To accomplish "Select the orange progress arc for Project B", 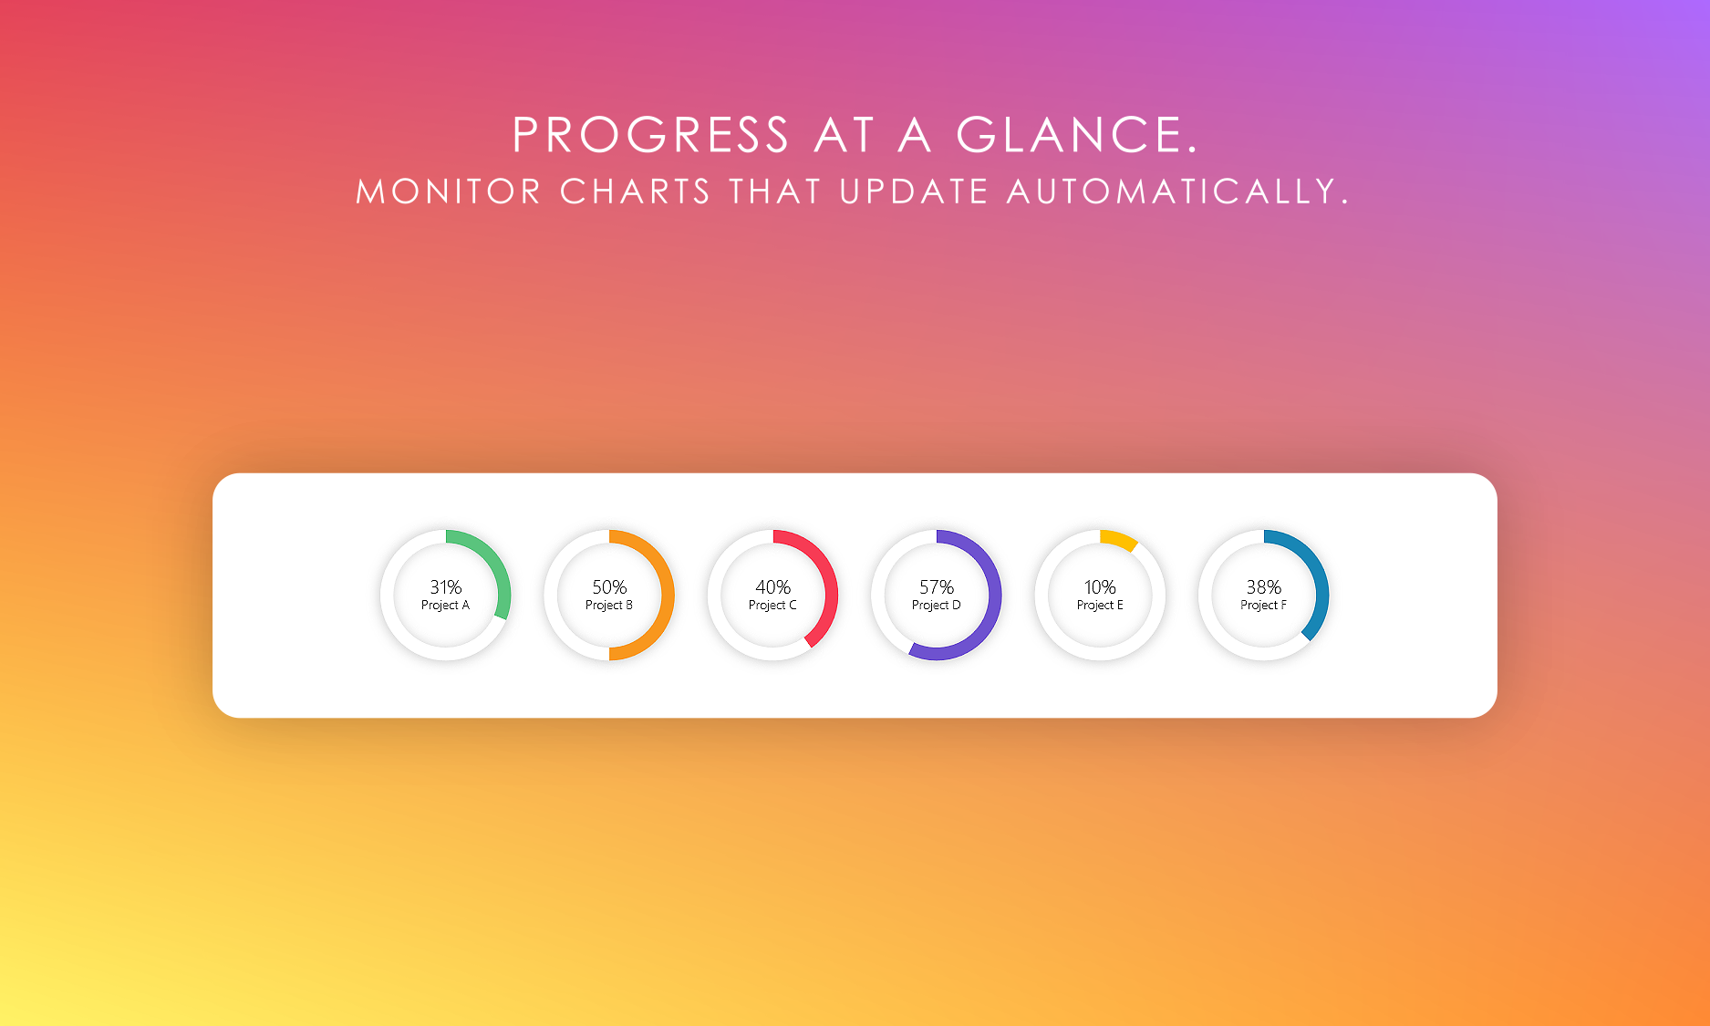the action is pyautogui.click(x=668, y=595).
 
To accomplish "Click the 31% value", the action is pyautogui.click(x=446, y=587).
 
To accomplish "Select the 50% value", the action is pyautogui.click(x=609, y=587).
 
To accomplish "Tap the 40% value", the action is pyautogui.click(x=772, y=587).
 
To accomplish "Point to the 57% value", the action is pyautogui.click(x=937, y=587).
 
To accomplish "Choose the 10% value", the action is pyautogui.click(x=1100, y=587).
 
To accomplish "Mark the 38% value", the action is pyautogui.click(x=1264, y=587).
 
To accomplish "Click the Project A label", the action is pyautogui.click(x=445, y=606).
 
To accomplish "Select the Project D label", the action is pyautogui.click(x=937, y=606).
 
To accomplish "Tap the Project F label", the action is pyautogui.click(x=1264, y=606).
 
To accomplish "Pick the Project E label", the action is pyautogui.click(x=1100, y=606).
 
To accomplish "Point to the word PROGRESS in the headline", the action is pyautogui.click(x=651, y=135).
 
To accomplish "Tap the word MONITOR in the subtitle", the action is pyautogui.click(x=449, y=192).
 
